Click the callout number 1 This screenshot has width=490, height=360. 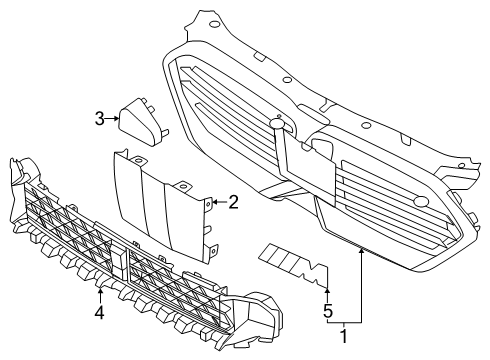pyautogui.click(x=344, y=337)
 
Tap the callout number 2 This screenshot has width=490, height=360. pyautogui.click(x=233, y=203)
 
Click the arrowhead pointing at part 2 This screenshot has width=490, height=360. pyautogui.click(x=213, y=203)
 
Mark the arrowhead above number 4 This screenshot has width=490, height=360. pyautogui.click(x=101, y=290)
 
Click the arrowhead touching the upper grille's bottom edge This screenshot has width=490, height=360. pyautogui.click(x=359, y=253)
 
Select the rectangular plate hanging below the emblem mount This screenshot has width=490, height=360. pyautogui.click(x=305, y=165)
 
